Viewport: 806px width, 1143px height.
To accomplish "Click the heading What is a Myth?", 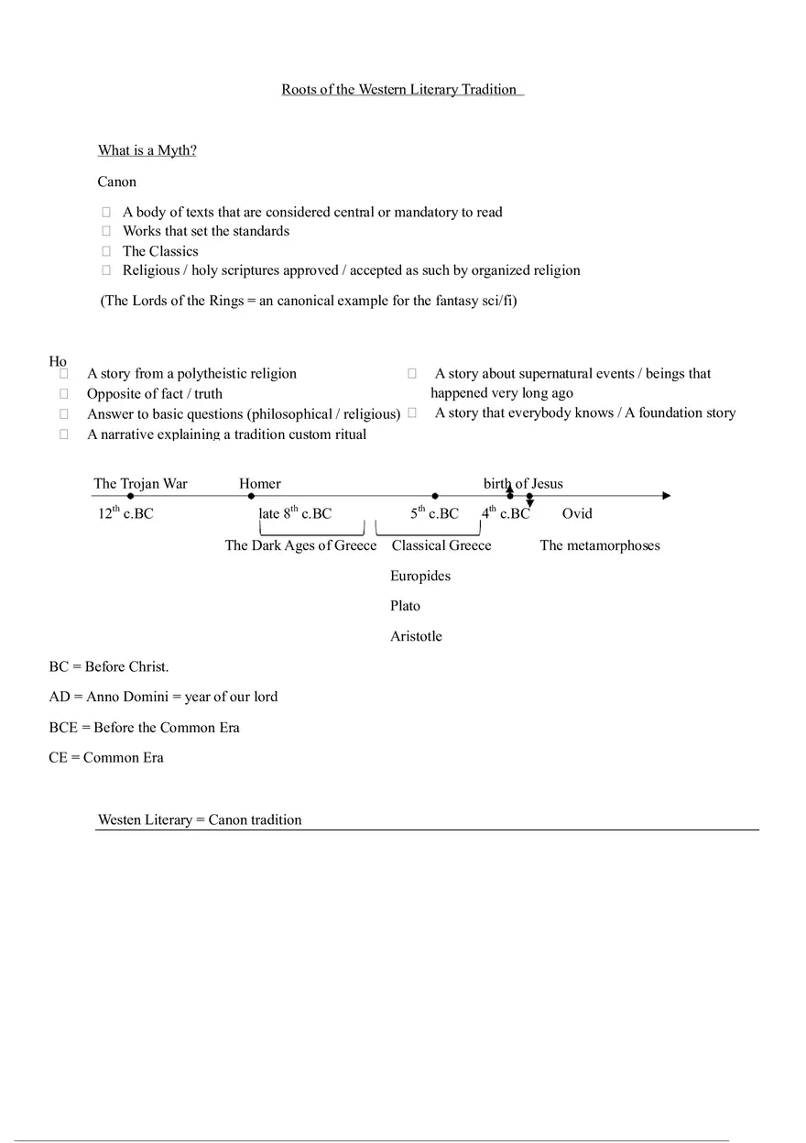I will tap(147, 150).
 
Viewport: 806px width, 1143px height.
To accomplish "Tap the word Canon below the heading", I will tap(116, 181).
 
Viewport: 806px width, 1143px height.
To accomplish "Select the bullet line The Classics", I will tap(160, 251).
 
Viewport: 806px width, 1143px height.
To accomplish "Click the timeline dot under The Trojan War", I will tap(131, 496).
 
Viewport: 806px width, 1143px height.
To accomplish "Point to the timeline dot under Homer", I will tap(251, 496).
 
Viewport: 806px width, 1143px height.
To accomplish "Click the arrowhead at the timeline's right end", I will tap(666, 496).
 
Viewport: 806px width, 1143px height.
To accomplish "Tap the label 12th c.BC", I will tap(125, 513).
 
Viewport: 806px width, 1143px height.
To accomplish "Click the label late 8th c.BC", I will tap(295, 513).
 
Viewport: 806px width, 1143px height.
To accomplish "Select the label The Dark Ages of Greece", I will tap(300, 545).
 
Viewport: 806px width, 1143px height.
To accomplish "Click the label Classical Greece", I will tap(441, 545).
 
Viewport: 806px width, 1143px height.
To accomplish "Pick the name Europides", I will tap(420, 576).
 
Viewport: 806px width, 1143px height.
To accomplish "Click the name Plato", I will tap(406, 606).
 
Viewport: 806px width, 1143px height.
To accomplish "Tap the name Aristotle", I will tap(416, 636).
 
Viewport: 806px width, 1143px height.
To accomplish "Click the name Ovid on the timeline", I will tap(577, 513).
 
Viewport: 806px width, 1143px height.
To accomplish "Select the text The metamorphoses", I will tap(600, 545).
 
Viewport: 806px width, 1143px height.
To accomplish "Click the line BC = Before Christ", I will tap(109, 666).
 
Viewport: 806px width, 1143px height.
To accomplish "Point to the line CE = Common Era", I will tap(106, 757).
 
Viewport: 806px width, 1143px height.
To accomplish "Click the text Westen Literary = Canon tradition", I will tap(200, 819).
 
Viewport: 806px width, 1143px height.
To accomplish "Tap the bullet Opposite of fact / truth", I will tap(154, 393).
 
